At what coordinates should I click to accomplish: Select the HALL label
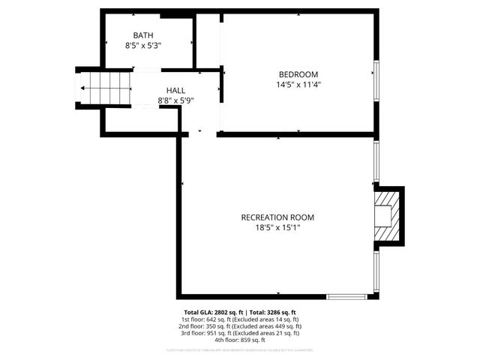175,90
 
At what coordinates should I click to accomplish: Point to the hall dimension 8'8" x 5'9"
175,100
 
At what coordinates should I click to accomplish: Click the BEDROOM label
298,73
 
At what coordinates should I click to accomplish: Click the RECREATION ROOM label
277,217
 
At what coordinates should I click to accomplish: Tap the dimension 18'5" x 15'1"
277,228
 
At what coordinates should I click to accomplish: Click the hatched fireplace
385,215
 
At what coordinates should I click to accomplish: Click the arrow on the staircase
82,88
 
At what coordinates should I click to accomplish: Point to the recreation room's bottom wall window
346,297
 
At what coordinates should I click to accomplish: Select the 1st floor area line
240,319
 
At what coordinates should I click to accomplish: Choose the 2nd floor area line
240,326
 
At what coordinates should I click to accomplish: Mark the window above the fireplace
376,161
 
